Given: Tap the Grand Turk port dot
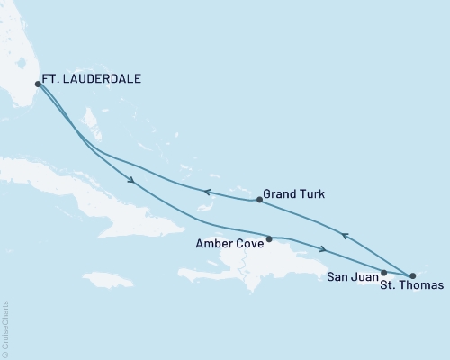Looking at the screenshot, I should [259, 200].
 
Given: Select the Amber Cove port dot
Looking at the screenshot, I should [269, 238].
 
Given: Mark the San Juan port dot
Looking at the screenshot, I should [384, 272].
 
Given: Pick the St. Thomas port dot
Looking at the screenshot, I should [412, 275].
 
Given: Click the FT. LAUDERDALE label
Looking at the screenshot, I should [95, 79].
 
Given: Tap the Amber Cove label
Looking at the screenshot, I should [229, 242].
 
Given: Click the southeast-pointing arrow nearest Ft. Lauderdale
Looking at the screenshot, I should [132, 182].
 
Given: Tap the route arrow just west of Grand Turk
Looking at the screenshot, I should [205, 191].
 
